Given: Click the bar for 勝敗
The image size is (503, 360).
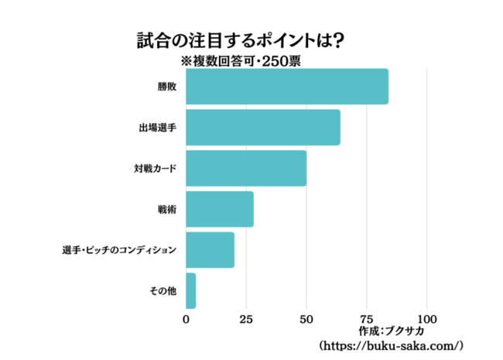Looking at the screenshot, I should (x=287, y=87).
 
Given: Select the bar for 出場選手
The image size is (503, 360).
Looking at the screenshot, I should (x=263, y=128).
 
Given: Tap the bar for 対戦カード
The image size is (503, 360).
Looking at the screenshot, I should (x=246, y=168).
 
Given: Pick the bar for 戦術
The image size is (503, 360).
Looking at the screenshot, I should (x=220, y=209).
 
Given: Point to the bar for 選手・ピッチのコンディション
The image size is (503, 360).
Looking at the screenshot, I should (x=210, y=250).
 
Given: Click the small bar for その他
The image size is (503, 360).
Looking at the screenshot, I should (x=191, y=291).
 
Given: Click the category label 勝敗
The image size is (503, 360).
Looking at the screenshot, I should (x=167, y=87).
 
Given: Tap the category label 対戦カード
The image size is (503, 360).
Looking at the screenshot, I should (x=155, y=168).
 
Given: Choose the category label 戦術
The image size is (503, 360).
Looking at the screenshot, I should (x=167, y=209).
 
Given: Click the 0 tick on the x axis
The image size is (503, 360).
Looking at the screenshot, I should (x=186, y=318).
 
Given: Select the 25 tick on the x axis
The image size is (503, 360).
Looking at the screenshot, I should (x=246, y=318).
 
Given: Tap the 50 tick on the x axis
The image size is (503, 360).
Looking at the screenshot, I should (x=306, y=318).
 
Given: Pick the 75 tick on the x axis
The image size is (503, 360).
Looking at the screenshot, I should (x=367, y=318).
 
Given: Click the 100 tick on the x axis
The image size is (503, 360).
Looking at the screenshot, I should (x=427, y=318).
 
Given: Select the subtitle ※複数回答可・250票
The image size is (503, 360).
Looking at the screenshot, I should (x=240, y=60).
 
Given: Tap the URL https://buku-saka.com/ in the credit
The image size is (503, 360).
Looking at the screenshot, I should (x=390, y=345).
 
